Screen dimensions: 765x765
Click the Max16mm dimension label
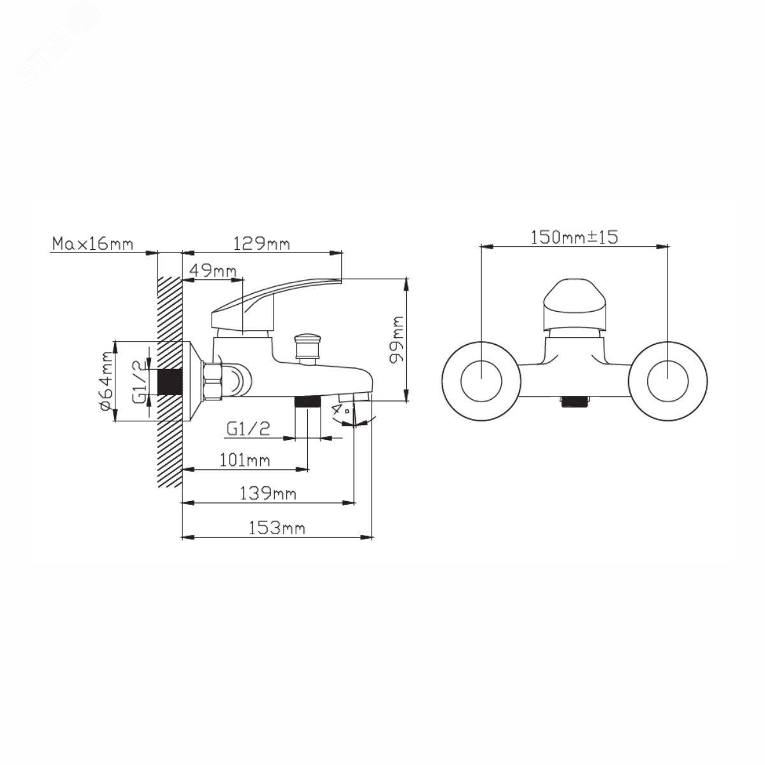(x=92, y=244)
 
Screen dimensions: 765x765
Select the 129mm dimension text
(x=261, y=244)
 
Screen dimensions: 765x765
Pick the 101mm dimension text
(x=244, y=460)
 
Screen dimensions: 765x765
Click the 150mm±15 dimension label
(x=574, y=237)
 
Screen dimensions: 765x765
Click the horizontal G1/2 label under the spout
(x=248, y=429)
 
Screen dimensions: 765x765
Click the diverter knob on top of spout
(x=307, y=347)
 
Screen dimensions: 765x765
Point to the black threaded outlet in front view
(x=574, y=401)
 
